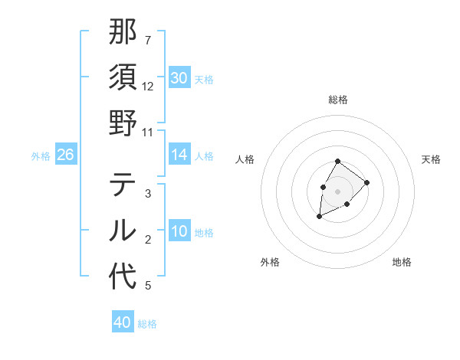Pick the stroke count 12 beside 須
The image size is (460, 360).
(148, 87)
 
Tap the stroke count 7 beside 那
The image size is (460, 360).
(147, 39)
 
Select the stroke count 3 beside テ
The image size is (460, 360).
(147, 194)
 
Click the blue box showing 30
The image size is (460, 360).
(179, 78)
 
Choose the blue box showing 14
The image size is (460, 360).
(179, 155)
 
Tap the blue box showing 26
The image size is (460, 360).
(65, 155)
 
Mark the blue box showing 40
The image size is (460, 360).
(122, 322)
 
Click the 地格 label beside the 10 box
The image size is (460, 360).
(204, 233)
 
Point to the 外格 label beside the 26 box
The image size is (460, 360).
(41, 156)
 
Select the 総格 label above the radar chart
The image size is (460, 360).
(338, 100)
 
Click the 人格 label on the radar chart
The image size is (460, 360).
(245, 159)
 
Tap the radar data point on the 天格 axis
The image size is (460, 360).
(367, 182)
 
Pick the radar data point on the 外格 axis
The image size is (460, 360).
(320, 217)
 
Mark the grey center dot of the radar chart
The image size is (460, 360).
(337, 191)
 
